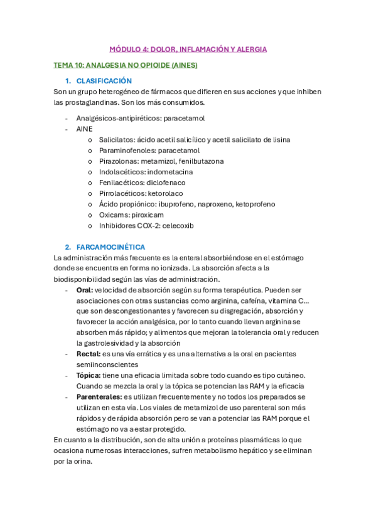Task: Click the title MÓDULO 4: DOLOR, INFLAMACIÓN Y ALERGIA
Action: click(x=188, y=49)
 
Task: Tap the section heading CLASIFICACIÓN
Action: click(x=104, y=81)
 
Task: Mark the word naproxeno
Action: click(x=213, y=204)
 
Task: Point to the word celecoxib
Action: click(x=178, y=225)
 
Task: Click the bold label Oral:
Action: click(x=85, y=290)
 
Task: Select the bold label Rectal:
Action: click(x=89, y=354)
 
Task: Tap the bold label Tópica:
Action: click(x=89, y=375)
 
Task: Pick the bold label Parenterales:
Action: click(x=99, y=396)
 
